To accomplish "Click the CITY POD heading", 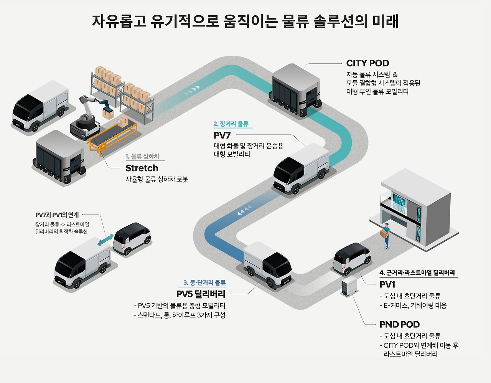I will (367, 63).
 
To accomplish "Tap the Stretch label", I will (142, 168).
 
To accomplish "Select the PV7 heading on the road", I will (222, 135).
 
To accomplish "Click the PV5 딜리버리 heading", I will (201, 294).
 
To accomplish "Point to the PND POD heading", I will (399, 325).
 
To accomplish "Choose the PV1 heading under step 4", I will (387, 285).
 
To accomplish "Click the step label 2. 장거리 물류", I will (231, 124).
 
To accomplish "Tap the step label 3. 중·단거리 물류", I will (204, 283).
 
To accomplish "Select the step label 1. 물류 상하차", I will (142, 157).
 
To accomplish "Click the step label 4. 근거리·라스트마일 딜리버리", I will (417, 273).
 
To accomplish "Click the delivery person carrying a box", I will (386, 235).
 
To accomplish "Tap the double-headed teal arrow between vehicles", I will (105, 240).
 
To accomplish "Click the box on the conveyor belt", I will (123, 122).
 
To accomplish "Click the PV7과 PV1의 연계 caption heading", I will (57, 215).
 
